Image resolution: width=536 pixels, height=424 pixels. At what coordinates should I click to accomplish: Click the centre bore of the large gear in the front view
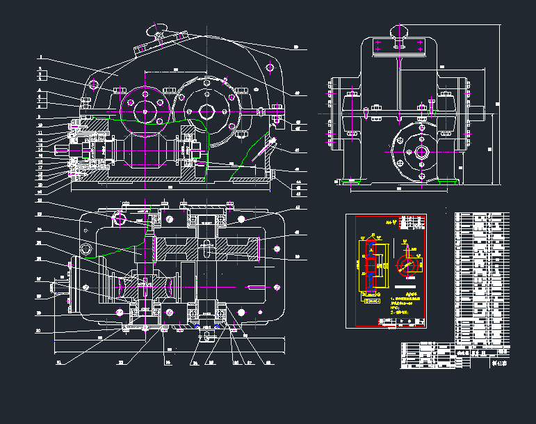[207, 111]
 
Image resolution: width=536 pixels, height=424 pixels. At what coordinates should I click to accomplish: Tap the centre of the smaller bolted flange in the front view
[145, 109]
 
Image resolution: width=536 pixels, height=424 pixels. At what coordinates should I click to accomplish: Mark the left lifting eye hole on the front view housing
[94, 86]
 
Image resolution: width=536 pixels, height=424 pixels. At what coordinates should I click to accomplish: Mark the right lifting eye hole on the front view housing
[270, 68]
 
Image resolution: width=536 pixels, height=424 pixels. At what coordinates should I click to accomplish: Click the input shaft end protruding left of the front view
[65, 148]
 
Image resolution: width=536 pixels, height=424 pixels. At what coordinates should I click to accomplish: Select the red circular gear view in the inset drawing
[405, 265]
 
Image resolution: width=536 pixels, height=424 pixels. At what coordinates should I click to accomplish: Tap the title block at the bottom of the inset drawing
[400, 321]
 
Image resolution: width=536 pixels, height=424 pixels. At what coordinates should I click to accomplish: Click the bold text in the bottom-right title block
[498, 361]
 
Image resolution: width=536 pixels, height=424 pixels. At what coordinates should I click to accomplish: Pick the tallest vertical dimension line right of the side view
[499, 104]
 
